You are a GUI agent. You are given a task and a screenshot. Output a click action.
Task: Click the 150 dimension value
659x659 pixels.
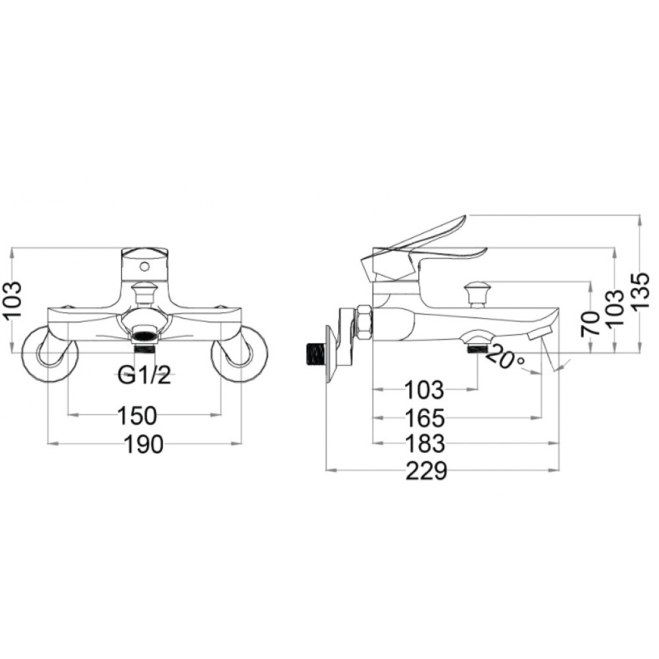(x=137, y=415)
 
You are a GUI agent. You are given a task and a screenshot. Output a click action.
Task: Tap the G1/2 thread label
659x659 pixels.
(x=144, y=375)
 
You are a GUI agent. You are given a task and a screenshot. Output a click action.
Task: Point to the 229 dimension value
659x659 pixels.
(x=426, y=471)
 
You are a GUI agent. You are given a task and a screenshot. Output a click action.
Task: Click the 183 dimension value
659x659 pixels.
(x=425, y=444)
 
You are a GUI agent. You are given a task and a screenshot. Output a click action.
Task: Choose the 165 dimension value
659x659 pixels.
(x=425, y=418)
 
